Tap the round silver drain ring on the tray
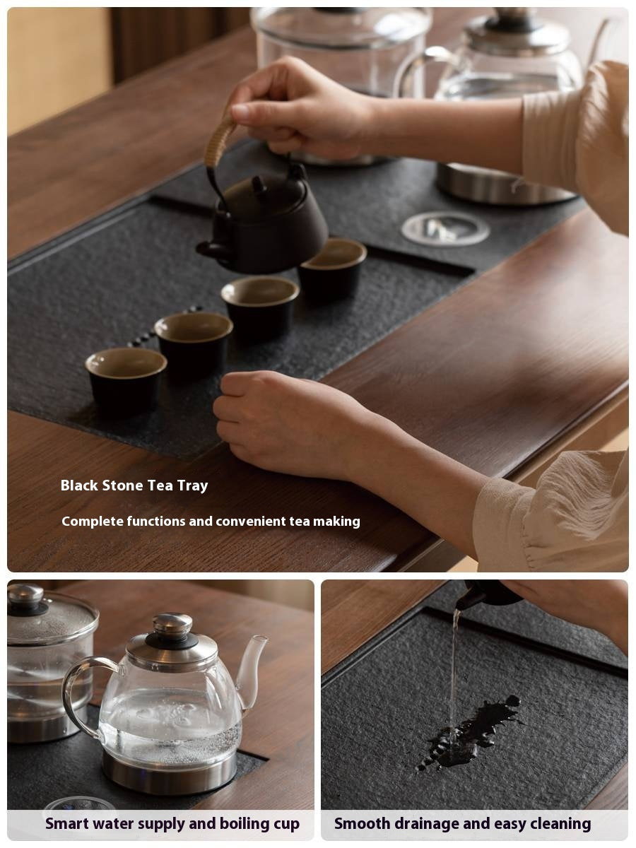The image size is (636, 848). (445, 228)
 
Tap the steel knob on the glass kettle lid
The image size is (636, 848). (172, 624)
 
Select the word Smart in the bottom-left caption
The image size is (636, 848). (67, 824)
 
